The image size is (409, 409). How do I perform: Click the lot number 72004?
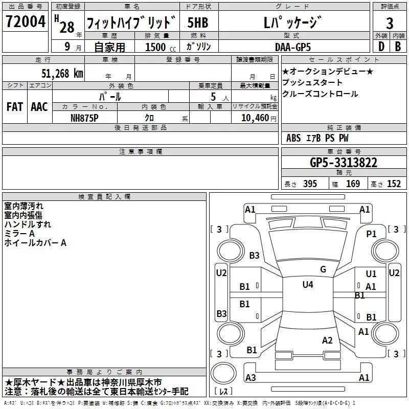(25, 22)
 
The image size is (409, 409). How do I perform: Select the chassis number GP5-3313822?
(344, 163)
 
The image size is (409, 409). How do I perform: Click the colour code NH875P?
(85, 118)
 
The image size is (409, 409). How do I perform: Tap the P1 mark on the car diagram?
(371, 234)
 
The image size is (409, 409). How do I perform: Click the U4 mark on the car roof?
(307, 284)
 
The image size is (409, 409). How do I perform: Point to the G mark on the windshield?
(323, 269)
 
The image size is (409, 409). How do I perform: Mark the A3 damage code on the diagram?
(251, 378)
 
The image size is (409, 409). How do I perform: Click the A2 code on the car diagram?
(327, 340)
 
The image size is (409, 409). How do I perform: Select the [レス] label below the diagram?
(224, 392)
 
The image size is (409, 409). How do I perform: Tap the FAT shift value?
(14, 107)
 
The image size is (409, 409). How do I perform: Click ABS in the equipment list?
(293, 138)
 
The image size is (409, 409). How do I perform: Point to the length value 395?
(310, 184)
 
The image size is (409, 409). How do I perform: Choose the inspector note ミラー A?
(19, 234)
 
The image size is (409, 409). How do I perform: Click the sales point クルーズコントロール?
(320, 94)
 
